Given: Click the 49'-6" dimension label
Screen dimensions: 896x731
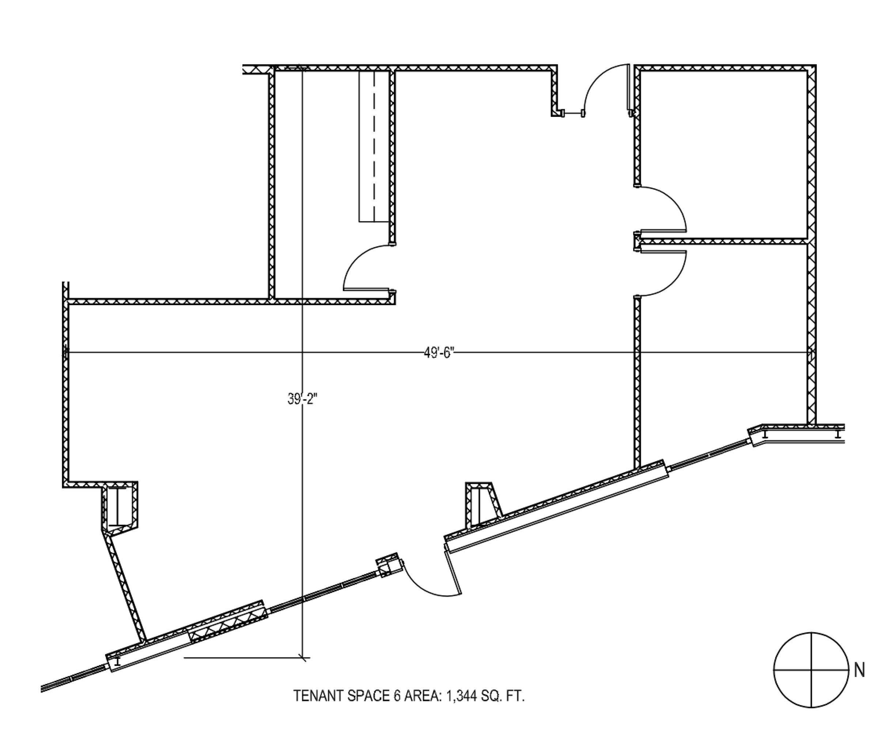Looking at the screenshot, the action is coord(439,353).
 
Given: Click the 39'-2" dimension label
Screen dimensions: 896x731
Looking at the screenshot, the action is coord(302,398).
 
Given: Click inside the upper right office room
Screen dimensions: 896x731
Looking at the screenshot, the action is coord(722,154).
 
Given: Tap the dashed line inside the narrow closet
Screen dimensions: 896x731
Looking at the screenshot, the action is coord(374,146).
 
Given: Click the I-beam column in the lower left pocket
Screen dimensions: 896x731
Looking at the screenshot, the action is coord(118,506).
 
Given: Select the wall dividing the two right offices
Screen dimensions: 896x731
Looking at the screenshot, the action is coord(723,241).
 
